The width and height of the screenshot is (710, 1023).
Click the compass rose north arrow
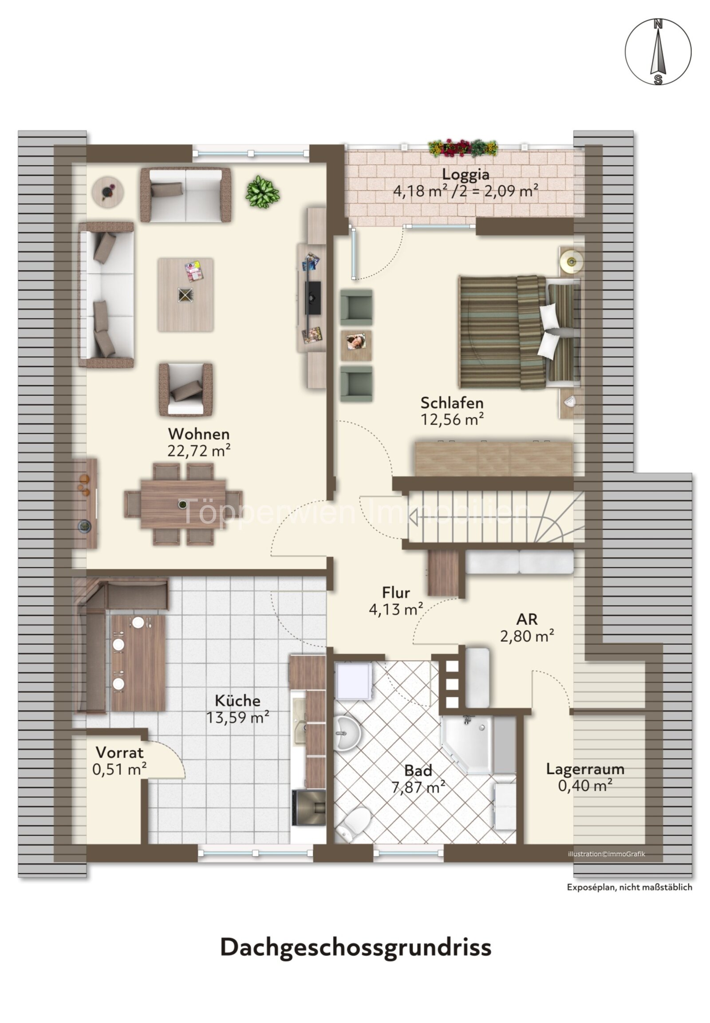pos(658,51)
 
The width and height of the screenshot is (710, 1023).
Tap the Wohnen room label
pos(199,434)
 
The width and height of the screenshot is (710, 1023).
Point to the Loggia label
pos(465,175)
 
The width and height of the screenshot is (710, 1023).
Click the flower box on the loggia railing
pos(463,148)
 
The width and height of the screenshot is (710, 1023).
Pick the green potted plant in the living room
pos(262,192)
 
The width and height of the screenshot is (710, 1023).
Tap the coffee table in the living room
pos(185,295)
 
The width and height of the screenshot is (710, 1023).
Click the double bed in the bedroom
pos(520,332)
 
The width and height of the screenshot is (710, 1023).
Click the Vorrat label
pos(119,752)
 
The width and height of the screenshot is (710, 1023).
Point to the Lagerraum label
pos(585,769)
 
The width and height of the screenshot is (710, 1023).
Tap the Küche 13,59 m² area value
pos(237,718)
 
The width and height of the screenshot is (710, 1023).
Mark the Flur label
pos(396,592)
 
